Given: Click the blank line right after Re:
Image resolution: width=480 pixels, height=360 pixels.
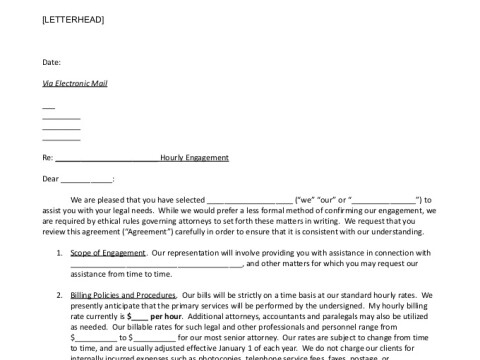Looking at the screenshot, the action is coord(108,158).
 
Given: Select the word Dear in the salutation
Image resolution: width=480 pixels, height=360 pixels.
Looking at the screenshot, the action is coord(50,179).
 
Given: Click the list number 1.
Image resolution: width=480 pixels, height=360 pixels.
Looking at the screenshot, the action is coord(60,253).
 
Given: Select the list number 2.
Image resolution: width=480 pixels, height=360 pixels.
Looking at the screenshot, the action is coord(60,296).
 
